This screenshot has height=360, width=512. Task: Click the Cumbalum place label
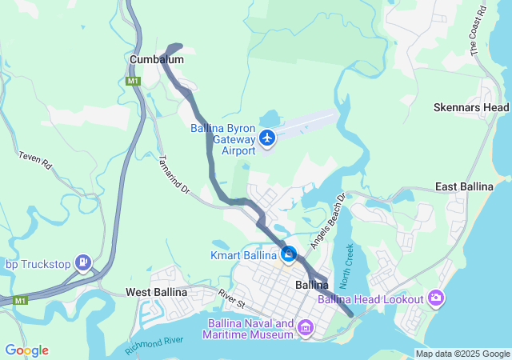(x=157, y=60)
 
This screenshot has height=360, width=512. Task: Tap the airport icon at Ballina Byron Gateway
(x=267, y=139)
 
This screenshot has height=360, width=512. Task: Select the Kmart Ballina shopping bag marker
(x=289, y=255)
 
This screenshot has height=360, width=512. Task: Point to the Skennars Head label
(x=471, y=107)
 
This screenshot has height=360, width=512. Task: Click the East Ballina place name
(x=464, y=186)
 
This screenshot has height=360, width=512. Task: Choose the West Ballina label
(x=156, y=292)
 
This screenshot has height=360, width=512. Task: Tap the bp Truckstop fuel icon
(x=83, y=262)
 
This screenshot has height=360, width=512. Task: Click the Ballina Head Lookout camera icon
(x=436, y=298)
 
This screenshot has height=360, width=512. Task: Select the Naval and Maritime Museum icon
(x=306, y=327)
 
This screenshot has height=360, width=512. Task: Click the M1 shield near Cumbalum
(x=134, y=81)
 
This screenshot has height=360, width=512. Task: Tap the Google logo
(x=26, y=350)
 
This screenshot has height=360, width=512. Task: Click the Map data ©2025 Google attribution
(x=462, y=354)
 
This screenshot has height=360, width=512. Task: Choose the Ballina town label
(x=312, y=285)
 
